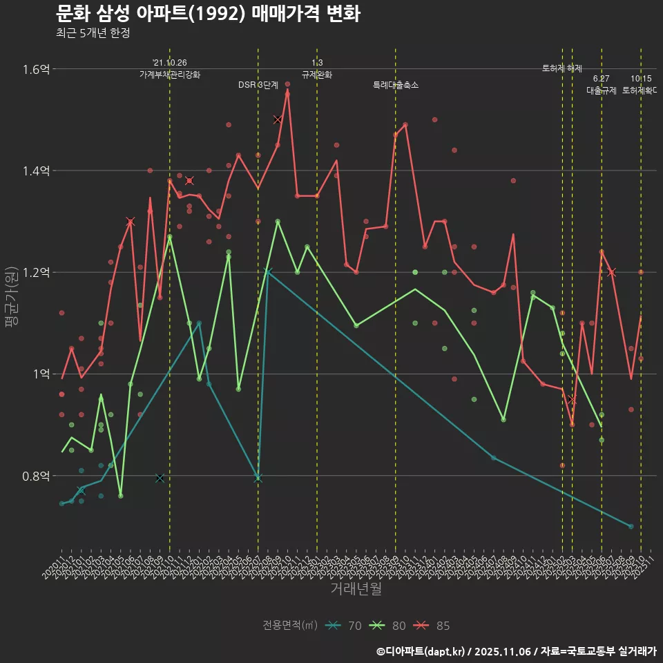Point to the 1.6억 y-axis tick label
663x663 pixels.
pyautogui.click(x=35, y=69)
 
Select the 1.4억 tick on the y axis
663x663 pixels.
pyautogui.click(x=35, y=171)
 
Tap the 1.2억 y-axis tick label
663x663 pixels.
pyautogui.click(x=35, y=272)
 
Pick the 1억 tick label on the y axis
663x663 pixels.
pyautogui.click(x=40, y=374)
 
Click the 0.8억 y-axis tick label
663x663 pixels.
pyautogui.click(x=35, y=476)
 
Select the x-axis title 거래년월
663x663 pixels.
pyautogui.click(x=356, y=589)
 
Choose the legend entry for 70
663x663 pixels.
pyautogui.click(x=345, y=626)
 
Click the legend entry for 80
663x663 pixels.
pyautogui.click(x=390, y=626)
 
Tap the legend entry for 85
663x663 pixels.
pyautogui.click(x=434, y=626)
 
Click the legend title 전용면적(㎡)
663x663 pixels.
pyautogui.click(x=290, y=626)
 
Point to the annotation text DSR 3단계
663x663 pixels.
pyautogui.click(x=258, y=85)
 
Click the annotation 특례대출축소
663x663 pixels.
pyautogui.click(x=396, y=85)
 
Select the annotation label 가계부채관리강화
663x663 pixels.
pyautogui.click(x=170, y=75)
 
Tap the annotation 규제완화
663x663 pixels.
pyautogui.click(x=317, y=75)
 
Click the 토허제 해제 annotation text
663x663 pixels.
pyautogui.click(x=562, y=68)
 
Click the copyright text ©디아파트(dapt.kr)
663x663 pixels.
pyautogui.click(x=421, y=651)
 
